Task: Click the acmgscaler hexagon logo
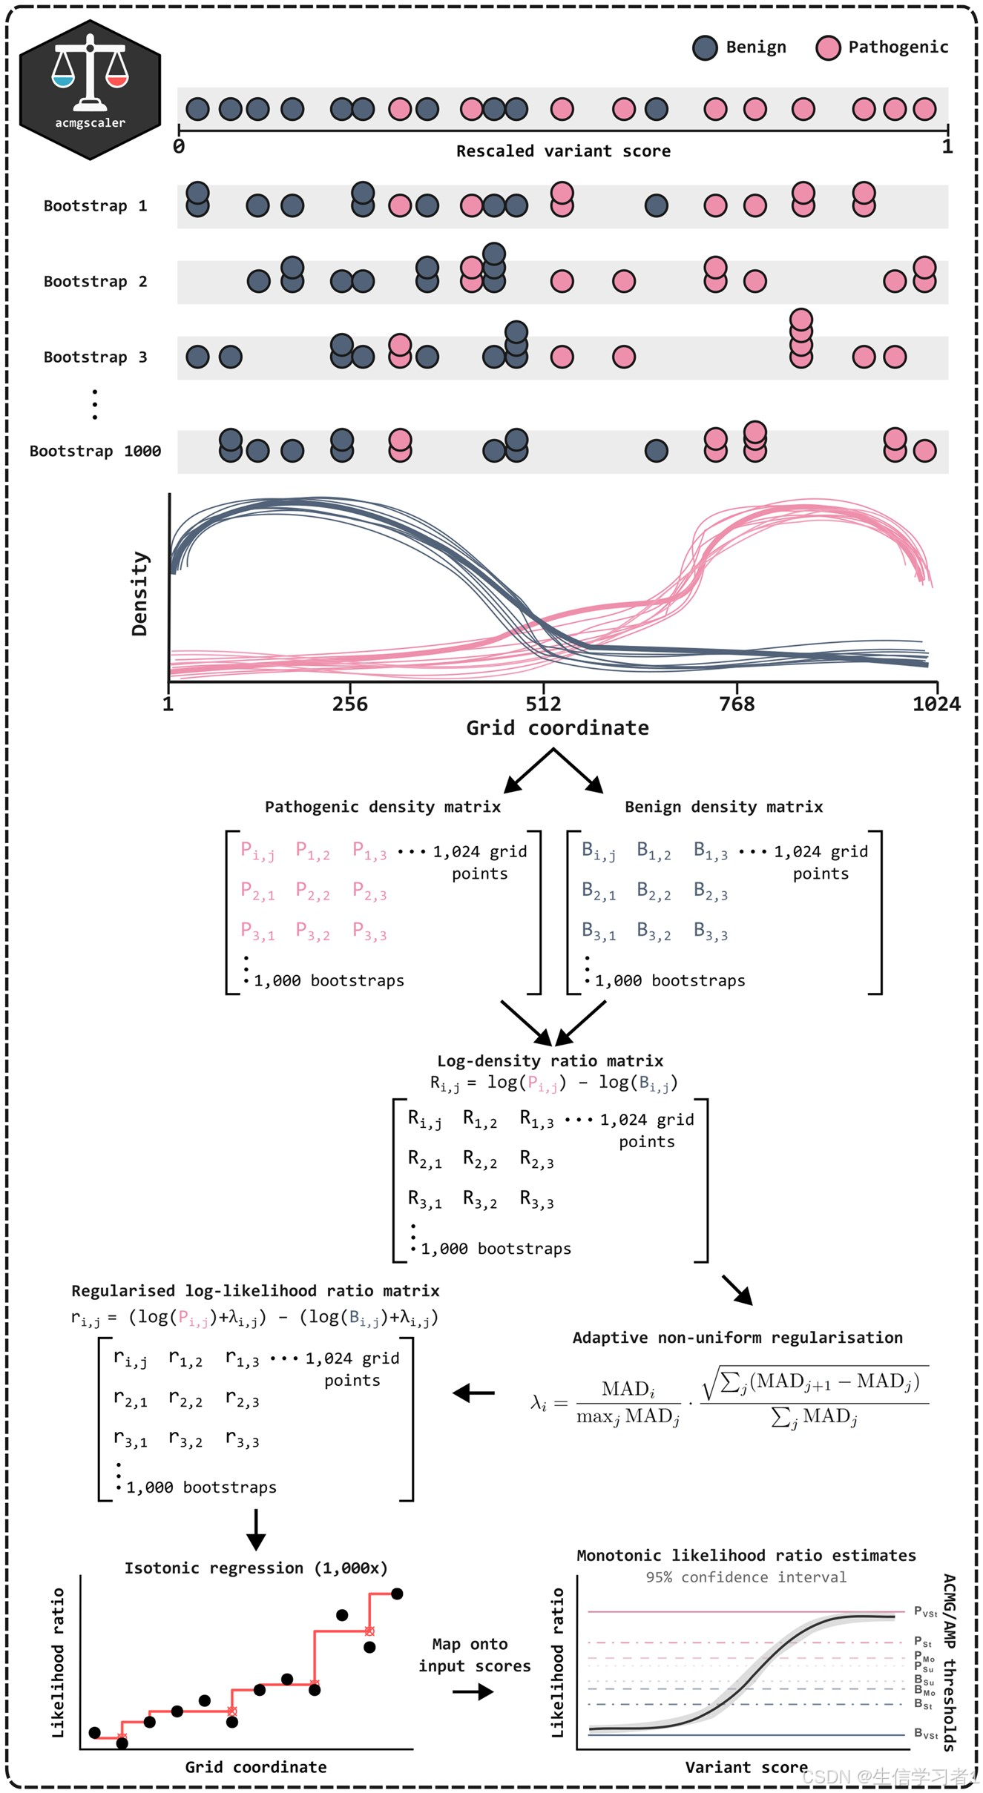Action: [x=90, y=90]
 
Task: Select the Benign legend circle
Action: [x=705, y=47]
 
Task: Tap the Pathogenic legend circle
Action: [x=828, y=47]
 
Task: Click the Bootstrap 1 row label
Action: [x=95, y=206]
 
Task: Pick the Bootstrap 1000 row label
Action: [x=95, y=451]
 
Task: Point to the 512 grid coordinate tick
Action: [x=544, y=704]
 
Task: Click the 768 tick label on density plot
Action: [x=737, y=704]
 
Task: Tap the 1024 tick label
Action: [x=936, y=704]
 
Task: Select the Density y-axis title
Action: [x=139, y=593]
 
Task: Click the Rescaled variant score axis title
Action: [x=563, y=151]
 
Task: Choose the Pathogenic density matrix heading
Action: [x=383, y=807]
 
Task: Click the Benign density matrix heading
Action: [x=723, y=807]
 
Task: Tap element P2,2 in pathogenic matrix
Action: [x=312, y=891]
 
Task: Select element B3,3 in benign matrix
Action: [x=710, y=932]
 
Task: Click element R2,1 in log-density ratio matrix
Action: [x=424, y=1160]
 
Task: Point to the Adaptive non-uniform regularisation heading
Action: [x=737, y=1338]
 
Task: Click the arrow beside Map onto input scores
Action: [x=473, y=1691]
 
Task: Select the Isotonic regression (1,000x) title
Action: [x=256, y=1568]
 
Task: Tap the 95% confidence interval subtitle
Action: [x=746, y=1577]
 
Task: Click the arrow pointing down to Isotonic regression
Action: [x=256, y=1531]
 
